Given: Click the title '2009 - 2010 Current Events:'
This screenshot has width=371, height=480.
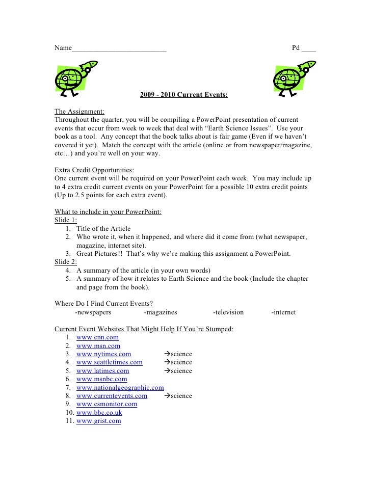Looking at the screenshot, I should click(184, 95).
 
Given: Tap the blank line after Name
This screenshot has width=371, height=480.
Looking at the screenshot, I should click(119, 49).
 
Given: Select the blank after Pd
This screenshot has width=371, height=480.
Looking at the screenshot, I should click(308, 49).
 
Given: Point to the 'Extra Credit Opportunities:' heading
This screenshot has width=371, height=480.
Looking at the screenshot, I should click(95, 170).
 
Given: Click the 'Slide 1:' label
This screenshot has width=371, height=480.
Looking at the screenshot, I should click(66, 220).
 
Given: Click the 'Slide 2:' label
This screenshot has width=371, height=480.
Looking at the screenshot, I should click(66, 262).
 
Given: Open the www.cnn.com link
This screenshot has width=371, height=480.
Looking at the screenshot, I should click(97, 337).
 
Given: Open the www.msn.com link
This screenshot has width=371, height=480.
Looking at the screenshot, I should click(98, 346).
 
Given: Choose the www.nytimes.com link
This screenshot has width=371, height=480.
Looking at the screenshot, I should click(103, 354).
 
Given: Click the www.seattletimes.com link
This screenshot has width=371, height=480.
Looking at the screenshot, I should click(109, 362).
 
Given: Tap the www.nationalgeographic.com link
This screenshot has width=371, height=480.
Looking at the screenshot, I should click(120, 387).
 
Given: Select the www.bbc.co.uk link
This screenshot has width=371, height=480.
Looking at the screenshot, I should click(99, 412).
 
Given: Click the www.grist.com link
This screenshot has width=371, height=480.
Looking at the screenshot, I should click(98, 421).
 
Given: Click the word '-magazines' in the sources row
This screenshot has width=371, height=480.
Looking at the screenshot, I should click(161, 312).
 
